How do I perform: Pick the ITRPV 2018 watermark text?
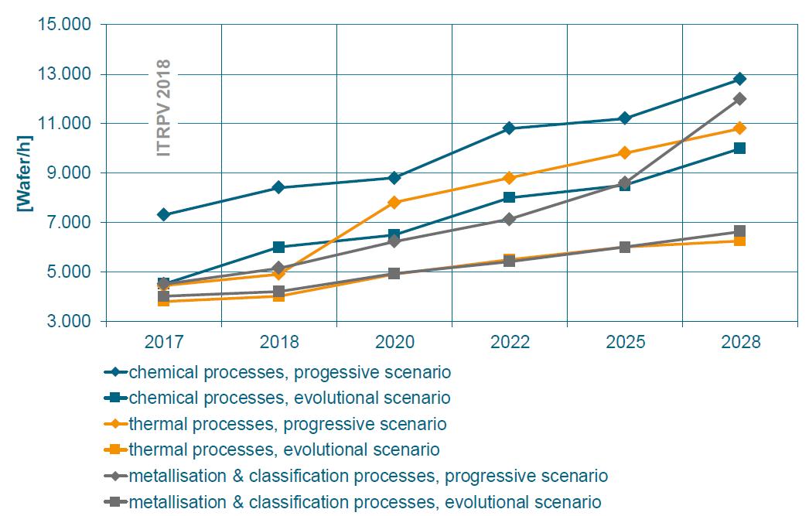click(163, 108)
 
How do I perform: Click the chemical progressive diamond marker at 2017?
click(164, 214)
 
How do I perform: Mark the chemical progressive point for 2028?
click(740, 79)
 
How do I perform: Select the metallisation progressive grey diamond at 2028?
click(740, 98)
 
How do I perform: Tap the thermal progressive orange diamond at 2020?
click(394, 203)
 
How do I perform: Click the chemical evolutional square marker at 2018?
click(279, 247)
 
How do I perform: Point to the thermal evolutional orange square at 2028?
click(740, 241)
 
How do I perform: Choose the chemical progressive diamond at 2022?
click(510, 128)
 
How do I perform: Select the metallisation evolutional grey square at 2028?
click(740, 231)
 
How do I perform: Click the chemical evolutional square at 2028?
click(740, 148)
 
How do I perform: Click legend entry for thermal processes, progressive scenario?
click(288, 424)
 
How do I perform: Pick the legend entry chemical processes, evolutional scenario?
click(290, 398)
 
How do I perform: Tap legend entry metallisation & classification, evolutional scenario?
click(365, 501)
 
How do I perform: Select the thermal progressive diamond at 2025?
click(625, 153)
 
